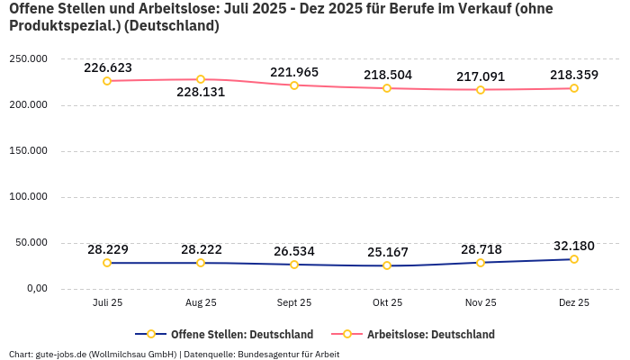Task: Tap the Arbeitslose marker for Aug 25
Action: [x=201, y=79]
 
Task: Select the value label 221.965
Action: [x=294, y=72]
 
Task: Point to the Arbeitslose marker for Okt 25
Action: [x=387, y=88]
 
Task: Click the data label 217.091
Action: [x=481, y=76]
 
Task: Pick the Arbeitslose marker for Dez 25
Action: [x=574, y=88]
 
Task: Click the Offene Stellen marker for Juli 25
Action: [x=107, y=263]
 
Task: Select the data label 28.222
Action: [x=201, y=249]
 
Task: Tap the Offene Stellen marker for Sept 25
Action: [x=294, y=265]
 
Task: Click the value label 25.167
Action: [x=387, y=252]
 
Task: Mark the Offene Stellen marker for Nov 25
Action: [x=481, y=263]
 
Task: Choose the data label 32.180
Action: [x=574, y=246]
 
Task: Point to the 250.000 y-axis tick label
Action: [x=29, y=59]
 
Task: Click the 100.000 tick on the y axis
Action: [x=29, y=197]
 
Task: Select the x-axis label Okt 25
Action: [x=387, y=303]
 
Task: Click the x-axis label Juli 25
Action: [x=107, y=303]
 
